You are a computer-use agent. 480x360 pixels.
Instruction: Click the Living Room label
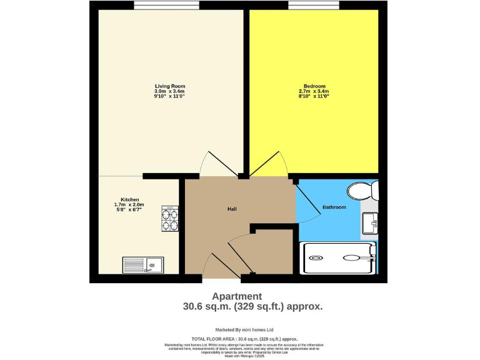(170, 86)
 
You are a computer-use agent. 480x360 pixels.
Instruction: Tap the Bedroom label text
(314, 86)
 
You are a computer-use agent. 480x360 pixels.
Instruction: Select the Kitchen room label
(130, 199)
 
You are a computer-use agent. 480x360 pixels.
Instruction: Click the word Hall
(232, 209)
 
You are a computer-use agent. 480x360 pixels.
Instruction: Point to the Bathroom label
(334, 207)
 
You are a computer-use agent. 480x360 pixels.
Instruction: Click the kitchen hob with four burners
(170, 219)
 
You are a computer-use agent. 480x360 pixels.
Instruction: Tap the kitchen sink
(143, 265)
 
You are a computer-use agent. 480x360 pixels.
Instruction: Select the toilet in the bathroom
(362, 189)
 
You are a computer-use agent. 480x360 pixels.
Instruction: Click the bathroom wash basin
(369, 221)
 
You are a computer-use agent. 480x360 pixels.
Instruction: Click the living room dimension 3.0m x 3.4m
(170, 91)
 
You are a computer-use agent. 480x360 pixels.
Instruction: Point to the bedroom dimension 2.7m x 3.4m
(314, 91)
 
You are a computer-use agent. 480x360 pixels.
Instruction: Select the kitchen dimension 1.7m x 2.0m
(129, 205)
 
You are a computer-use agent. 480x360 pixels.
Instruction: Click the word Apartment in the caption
(237, 296)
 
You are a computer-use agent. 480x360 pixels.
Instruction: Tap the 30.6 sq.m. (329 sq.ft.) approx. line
(252, 306)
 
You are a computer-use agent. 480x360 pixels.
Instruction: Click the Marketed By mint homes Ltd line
(244, 329)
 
